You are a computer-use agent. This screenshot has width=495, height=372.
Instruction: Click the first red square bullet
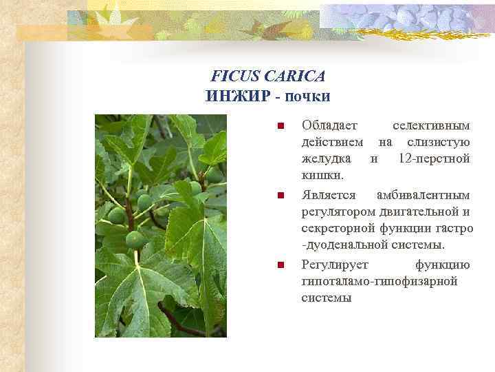[x=279, y=126]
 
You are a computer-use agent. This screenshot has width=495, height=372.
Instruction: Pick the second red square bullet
[x=279, y=196]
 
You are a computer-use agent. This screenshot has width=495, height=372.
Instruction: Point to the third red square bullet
[x=279, y=265]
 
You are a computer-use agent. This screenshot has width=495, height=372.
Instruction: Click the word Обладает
[x=329, y=125]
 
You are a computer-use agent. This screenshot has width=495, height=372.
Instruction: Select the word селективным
[x=430, y=125]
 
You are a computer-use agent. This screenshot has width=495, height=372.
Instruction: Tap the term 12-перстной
[x=434, y=159]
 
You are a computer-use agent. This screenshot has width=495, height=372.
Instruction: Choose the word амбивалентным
[x=423, y=195]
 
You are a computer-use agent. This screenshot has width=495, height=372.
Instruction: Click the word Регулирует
[x=335, y=265]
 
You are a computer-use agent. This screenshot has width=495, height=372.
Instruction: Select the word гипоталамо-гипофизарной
[x=369, y=282]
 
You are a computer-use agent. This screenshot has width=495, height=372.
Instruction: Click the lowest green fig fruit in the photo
[x=135, y=240]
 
